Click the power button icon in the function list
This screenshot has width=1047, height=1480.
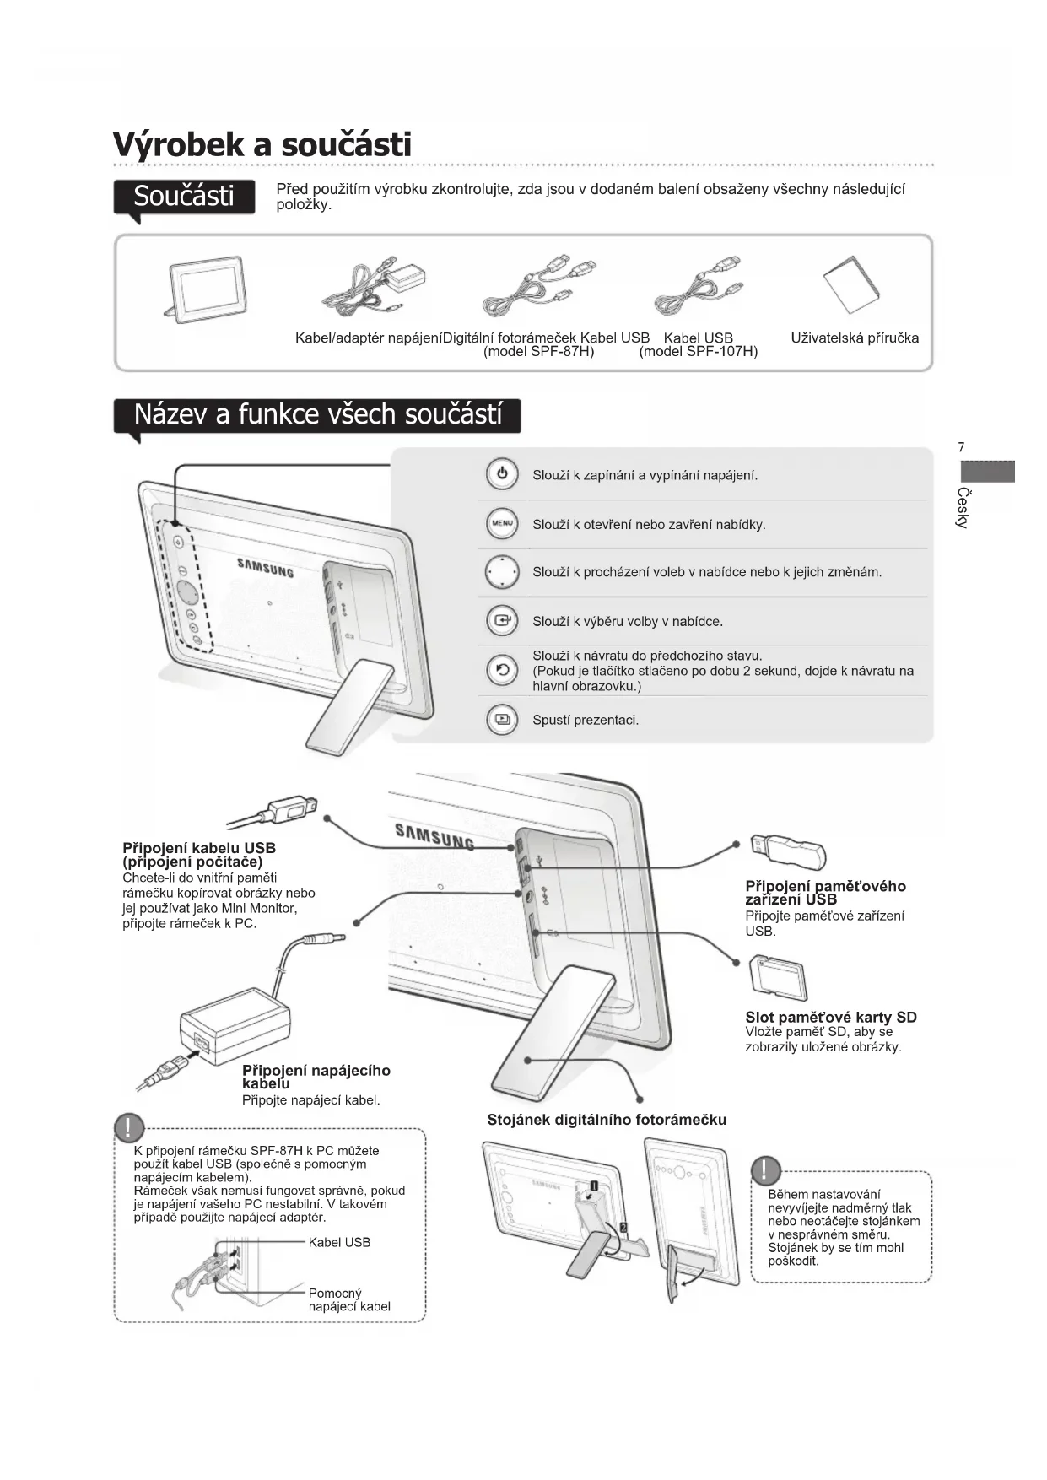tap(502, 474)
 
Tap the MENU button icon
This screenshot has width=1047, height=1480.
tap(502, 524)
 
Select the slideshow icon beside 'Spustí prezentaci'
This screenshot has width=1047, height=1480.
tap(502, 720)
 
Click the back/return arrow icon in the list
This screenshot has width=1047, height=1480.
tap(502, 671)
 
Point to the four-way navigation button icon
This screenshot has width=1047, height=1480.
tap(502, 572)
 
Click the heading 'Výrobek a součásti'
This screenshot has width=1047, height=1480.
tap(262, 144)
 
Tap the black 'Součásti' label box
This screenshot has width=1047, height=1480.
tap(184, 196)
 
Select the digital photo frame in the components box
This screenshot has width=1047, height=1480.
tap(207, 288)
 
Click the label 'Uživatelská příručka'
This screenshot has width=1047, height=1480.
tap(855, 338)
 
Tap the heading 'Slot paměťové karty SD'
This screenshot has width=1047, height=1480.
tap(830, 1018)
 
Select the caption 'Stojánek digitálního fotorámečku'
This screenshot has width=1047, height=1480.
tap(607, 1120)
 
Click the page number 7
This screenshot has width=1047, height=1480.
tap(961, 448)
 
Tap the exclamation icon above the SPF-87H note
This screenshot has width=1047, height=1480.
tap(129, 1127)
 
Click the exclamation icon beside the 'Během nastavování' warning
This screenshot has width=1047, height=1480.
tap(765, 1170)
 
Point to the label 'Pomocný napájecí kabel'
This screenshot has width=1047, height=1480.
tap(349, 1299)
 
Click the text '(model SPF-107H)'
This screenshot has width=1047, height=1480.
tap(698, 352)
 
